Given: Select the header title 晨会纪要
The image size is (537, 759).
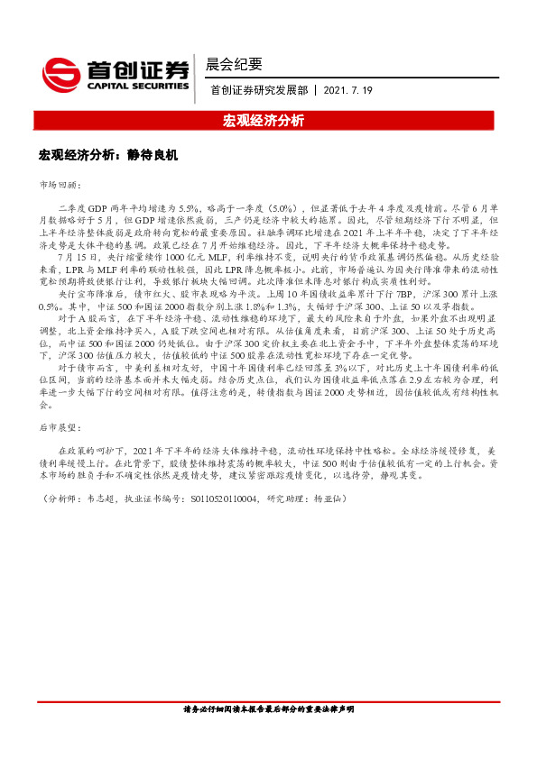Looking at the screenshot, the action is [235, 64].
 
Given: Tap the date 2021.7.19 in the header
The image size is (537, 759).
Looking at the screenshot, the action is [347, 90].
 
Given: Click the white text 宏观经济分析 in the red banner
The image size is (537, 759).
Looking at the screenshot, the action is [268, 120].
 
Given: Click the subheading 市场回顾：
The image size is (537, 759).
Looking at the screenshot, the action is [60, 184].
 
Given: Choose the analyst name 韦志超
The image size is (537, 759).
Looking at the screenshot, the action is [98, 498].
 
